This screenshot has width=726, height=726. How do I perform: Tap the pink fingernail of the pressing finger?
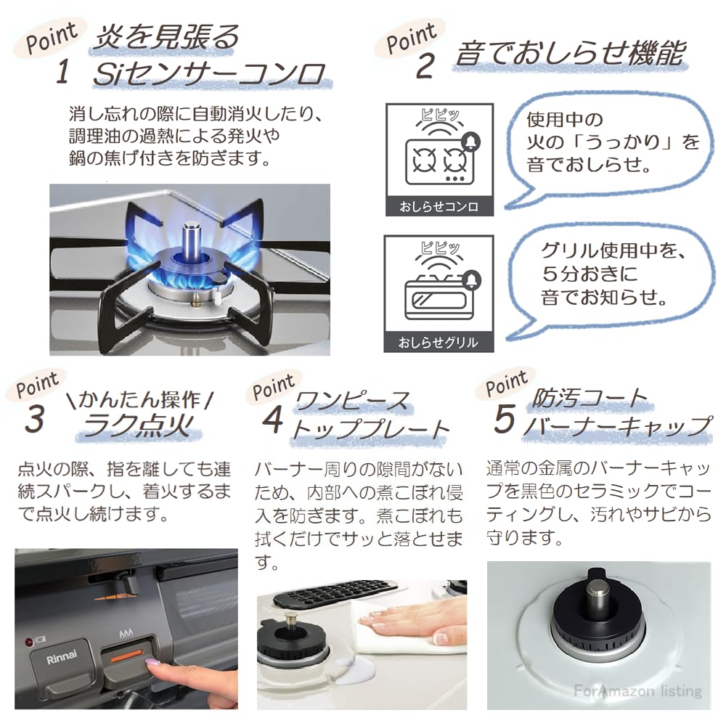pyautogui.click(x=154, y=662)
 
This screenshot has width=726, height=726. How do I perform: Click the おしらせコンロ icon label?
pyautogui.click(x=439, y=207)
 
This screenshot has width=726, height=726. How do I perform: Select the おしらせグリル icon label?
pyautogui.click(x=439, y=342)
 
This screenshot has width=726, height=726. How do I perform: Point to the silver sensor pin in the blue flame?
pyautogui.click(x=192, y=239)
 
